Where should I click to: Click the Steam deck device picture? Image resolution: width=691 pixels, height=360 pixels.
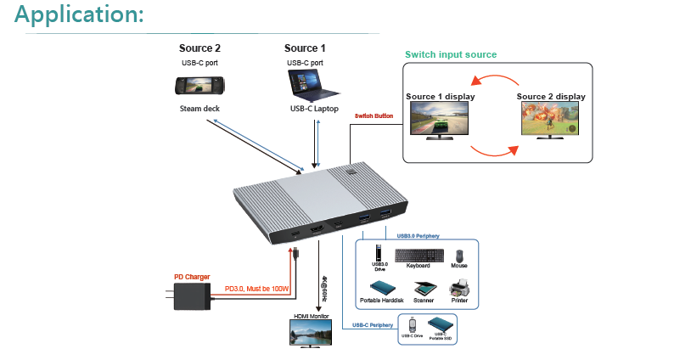199,86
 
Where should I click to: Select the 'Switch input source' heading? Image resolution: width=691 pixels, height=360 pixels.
451,54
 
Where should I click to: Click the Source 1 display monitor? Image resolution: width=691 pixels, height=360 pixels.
439,120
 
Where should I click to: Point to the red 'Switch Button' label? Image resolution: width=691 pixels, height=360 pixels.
374,116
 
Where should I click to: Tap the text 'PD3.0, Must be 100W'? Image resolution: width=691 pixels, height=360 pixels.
257,290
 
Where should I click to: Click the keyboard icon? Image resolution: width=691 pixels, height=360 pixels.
419,254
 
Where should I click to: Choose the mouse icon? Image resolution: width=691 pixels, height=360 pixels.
459,256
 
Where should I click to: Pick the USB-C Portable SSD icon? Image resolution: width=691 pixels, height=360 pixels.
440,325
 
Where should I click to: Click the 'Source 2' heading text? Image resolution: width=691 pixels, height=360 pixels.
199,48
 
